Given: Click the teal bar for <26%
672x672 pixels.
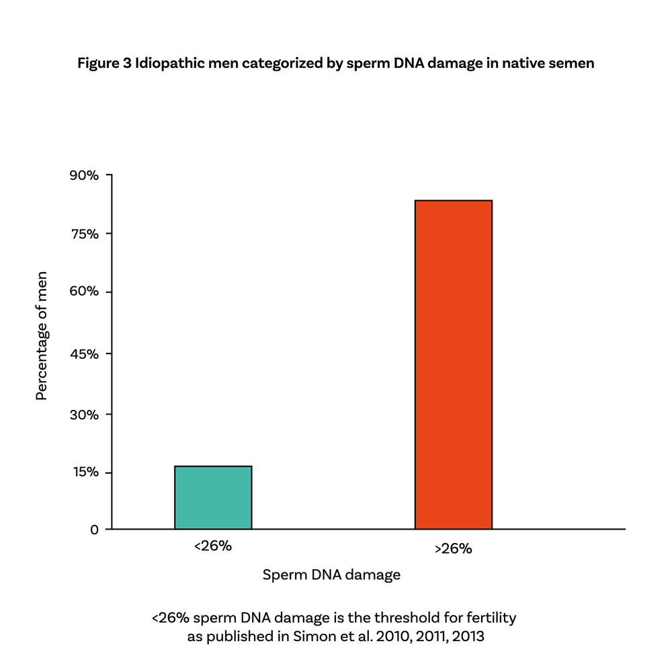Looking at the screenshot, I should pyautogui.click(x=213, y=497).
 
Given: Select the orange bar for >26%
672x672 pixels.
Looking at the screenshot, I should pyautogui.click(x=454, y=365).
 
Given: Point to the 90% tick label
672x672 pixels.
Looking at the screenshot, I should pyautogui.click(x=85, y=175).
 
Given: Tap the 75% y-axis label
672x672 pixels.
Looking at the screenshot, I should pyautogui.click(x=85, y=234).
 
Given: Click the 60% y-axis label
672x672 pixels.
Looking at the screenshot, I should pyautogui.click(x=85, y=292).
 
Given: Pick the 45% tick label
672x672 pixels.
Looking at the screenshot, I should pyautogui.click(x=85, y=353).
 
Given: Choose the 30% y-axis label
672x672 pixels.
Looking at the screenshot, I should pyautogui.click(x=85, y=415).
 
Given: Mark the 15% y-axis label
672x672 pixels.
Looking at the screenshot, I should pyautogui.click(x=85, y=472).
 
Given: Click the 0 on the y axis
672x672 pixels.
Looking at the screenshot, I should pyautogui.click(x=94, y=530).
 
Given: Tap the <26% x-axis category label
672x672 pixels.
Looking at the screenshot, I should pyautogui.click(x=213, y=546).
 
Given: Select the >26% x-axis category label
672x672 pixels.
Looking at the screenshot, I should pyautogui.click(x=454, y=548).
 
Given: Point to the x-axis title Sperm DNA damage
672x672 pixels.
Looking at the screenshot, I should pyautogui.click(x=331, y=575).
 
